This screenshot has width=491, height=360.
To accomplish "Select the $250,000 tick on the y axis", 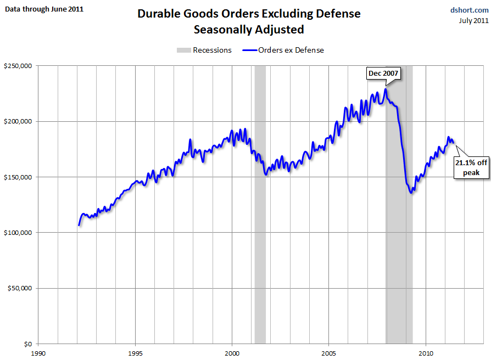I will point(19,66).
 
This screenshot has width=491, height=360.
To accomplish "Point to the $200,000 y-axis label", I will point(19,121).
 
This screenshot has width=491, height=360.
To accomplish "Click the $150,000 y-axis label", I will point(19,177).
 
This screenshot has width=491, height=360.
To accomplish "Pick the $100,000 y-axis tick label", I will point(19,233).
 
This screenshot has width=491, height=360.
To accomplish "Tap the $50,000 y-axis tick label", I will point(20,288).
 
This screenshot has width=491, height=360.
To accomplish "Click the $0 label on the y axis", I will point(28,344).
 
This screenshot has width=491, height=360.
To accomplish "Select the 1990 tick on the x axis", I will point(38,353).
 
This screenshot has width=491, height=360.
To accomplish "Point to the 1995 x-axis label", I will point(135,353).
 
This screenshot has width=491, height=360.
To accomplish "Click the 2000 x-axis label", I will point(232,353).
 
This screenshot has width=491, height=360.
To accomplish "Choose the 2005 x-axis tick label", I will point(329,353).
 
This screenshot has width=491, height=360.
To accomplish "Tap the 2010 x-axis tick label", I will point(426,353).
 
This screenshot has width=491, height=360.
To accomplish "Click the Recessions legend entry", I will point(204,50).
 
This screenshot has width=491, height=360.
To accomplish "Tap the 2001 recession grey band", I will point(260,220).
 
